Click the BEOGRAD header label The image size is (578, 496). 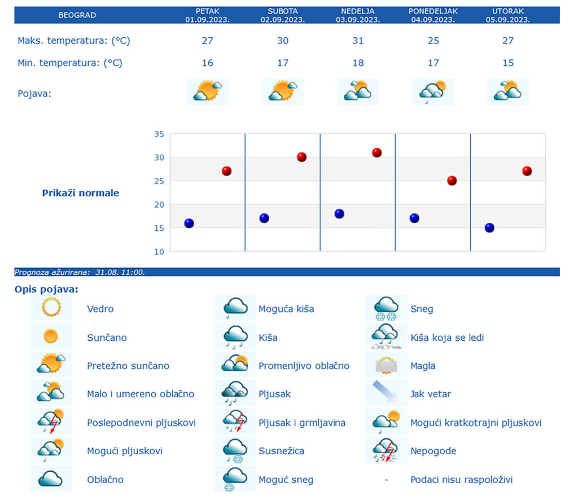coord(77,15)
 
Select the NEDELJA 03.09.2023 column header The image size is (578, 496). coord(358,15)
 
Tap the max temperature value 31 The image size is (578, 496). coord(358,41)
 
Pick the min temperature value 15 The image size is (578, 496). coord(508,63)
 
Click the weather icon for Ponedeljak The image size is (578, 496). coord(433,91)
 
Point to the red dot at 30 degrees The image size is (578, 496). coord(301,157)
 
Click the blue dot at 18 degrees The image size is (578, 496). coord(339,214)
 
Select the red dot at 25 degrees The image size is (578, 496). coord(452,181)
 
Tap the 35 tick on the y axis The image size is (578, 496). coord(159,134)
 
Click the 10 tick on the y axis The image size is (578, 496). coord(159,252)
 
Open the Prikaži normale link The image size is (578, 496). coord(81,193)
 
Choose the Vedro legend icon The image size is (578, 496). coord(51,308)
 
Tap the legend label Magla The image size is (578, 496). coord(423,366)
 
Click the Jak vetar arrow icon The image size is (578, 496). coord(386,393)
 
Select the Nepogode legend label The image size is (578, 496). coord(433,451)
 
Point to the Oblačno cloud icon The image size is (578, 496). coord(51,479)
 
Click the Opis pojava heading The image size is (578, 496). coord(47,290)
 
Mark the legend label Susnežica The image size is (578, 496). coord(281,451)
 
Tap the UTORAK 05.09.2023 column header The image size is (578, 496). coord(508,15)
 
